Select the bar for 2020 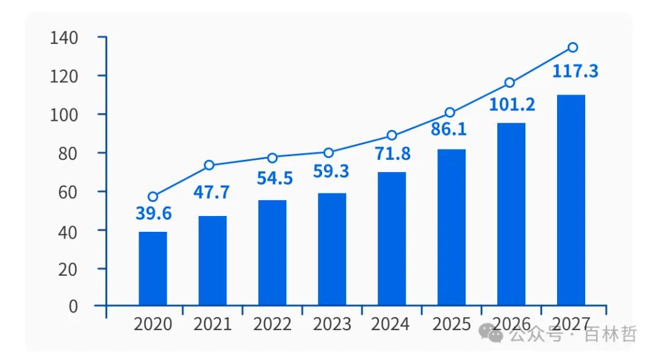153,268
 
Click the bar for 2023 332,249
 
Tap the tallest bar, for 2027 571,200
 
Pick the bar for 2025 452,227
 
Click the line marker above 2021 209,165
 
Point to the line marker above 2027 572,48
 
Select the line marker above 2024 392,135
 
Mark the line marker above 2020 153,196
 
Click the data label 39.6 153,214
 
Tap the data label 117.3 575,71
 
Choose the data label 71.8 392,153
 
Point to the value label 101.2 512,104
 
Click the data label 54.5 272,178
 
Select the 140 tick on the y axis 65,38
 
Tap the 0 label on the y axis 73,306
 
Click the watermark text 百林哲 611,334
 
